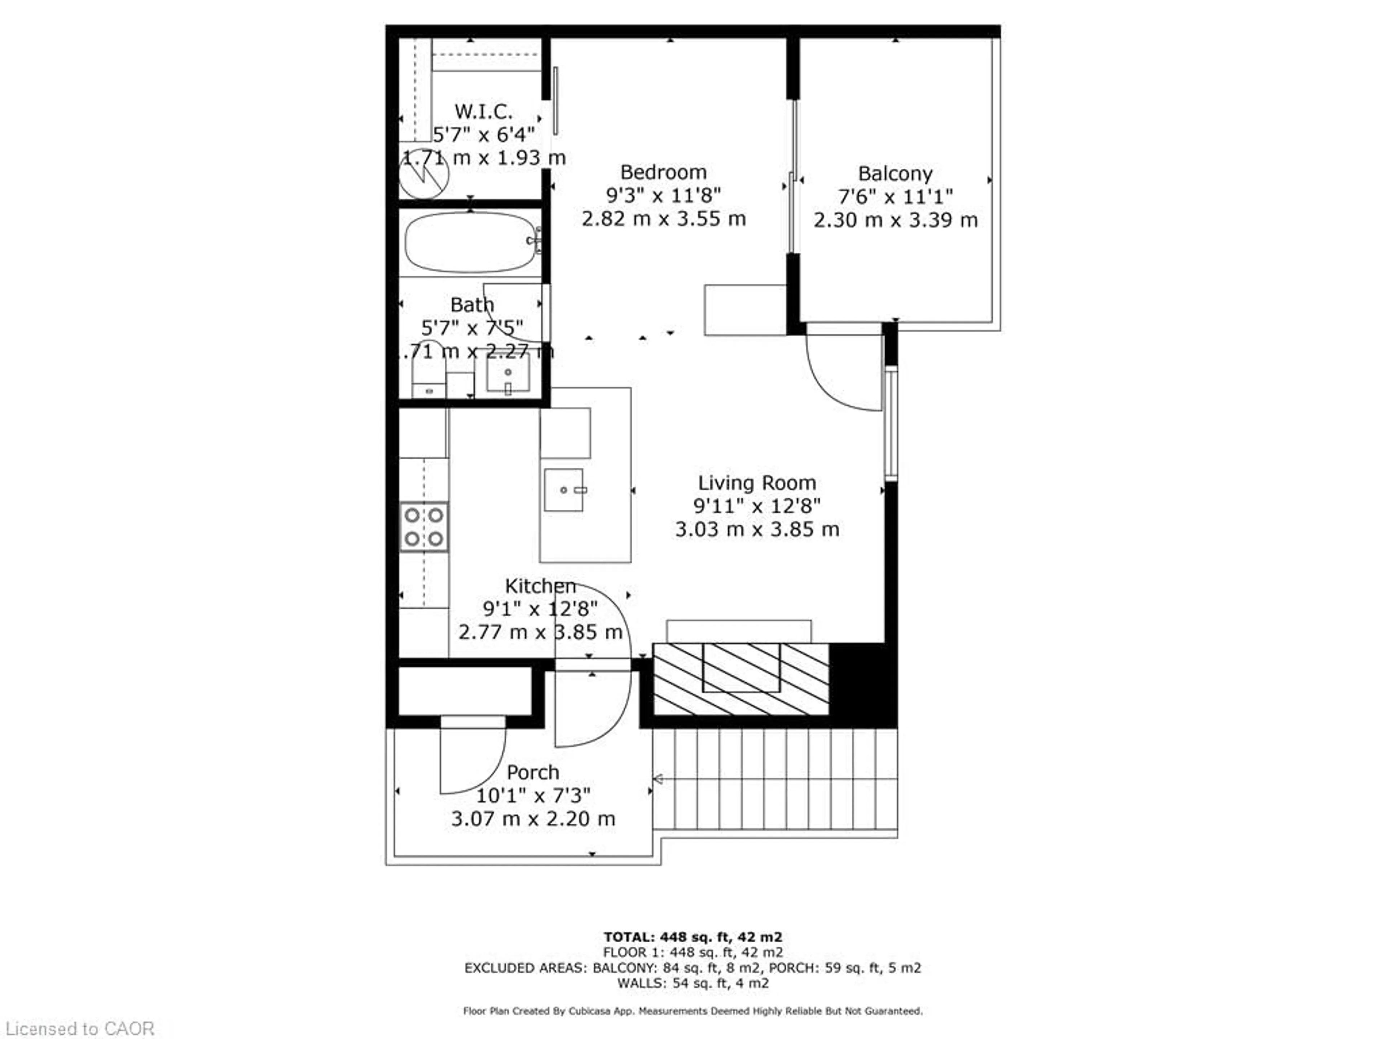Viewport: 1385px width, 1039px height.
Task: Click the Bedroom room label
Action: pyautogui.click(x=663, y=172)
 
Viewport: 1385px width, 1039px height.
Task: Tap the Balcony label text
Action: pyautogui.click(x=895, y=174)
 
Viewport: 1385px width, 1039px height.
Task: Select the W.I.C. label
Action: pyautogui.click(x=483, y=111)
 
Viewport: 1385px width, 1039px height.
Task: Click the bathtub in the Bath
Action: pyautogui.click(x=471, y=242)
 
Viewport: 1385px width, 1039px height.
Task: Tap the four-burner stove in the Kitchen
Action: pyautogui.click(x=424, y=527)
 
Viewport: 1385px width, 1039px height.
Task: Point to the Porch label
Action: pyautogui.click(x=533, y=772)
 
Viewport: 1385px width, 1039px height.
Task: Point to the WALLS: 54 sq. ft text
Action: pyautogui.click(x=692, y=983)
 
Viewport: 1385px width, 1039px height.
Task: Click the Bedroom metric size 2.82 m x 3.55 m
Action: pyautogui.click(x=663, y=219)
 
